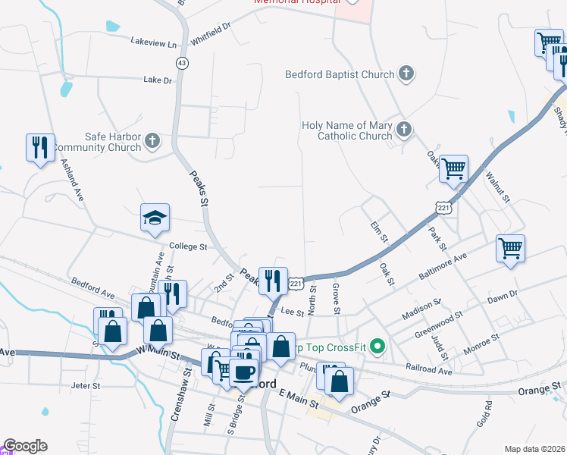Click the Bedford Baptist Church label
pyautogui.click(x=340, y=74)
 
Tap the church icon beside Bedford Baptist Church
pyautogui.click(x=406, y=74)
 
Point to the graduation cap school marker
pyautogui.click(x=155, y=218)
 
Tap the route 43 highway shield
pyautogui.click(x=181, y=63)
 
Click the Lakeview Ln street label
pyautogui.click(x=158, y=43)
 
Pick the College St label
pyautogui.click(x=188, y=246)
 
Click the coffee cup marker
pyautogui.click(x=244, y=372)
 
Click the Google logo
pyautogui.click(x=25, y=446)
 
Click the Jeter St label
pyautogui.click(x=85, y=386)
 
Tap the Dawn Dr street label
pyautogui.click(x=502, y=295)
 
